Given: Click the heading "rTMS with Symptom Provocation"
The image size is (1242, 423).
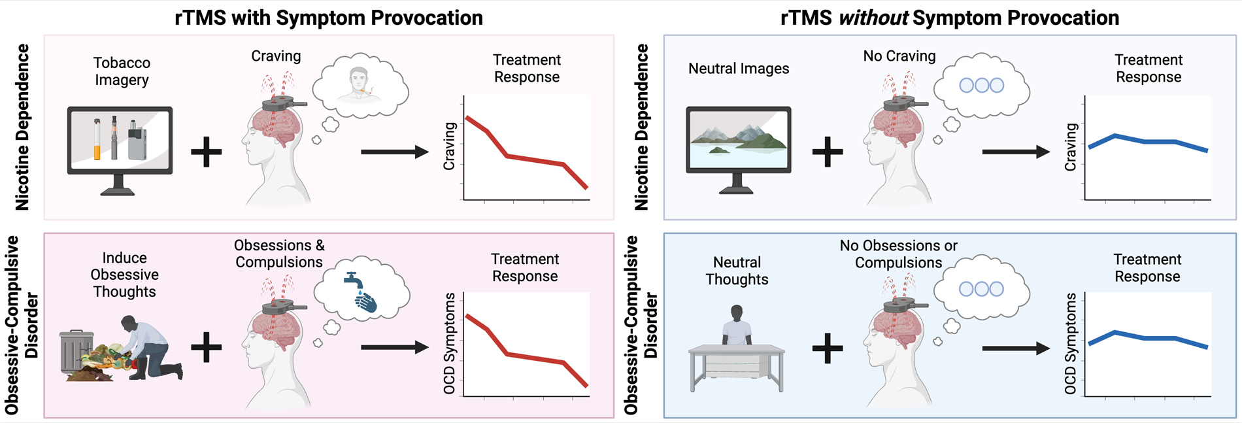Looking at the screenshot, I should point(328,18).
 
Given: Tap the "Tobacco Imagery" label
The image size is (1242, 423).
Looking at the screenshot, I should point(122,71).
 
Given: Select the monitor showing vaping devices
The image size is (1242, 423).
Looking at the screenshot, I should point(120,140).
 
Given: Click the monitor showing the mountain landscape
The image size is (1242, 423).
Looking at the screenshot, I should point(738,140).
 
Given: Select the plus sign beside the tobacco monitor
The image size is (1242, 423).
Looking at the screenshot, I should point(207,152).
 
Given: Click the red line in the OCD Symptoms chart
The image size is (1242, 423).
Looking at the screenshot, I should point(523,356).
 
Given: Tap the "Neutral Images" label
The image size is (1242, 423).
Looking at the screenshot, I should point(739,69).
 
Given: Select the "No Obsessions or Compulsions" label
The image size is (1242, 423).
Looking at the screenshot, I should point(898,254).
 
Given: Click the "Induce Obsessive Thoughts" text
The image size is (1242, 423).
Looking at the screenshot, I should point(124,275).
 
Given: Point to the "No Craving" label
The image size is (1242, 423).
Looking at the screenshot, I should point(899,56).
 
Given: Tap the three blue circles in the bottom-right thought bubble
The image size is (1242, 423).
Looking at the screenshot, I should point(981,289).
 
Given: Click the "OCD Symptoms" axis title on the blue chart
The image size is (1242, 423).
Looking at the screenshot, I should point(1071,343).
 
